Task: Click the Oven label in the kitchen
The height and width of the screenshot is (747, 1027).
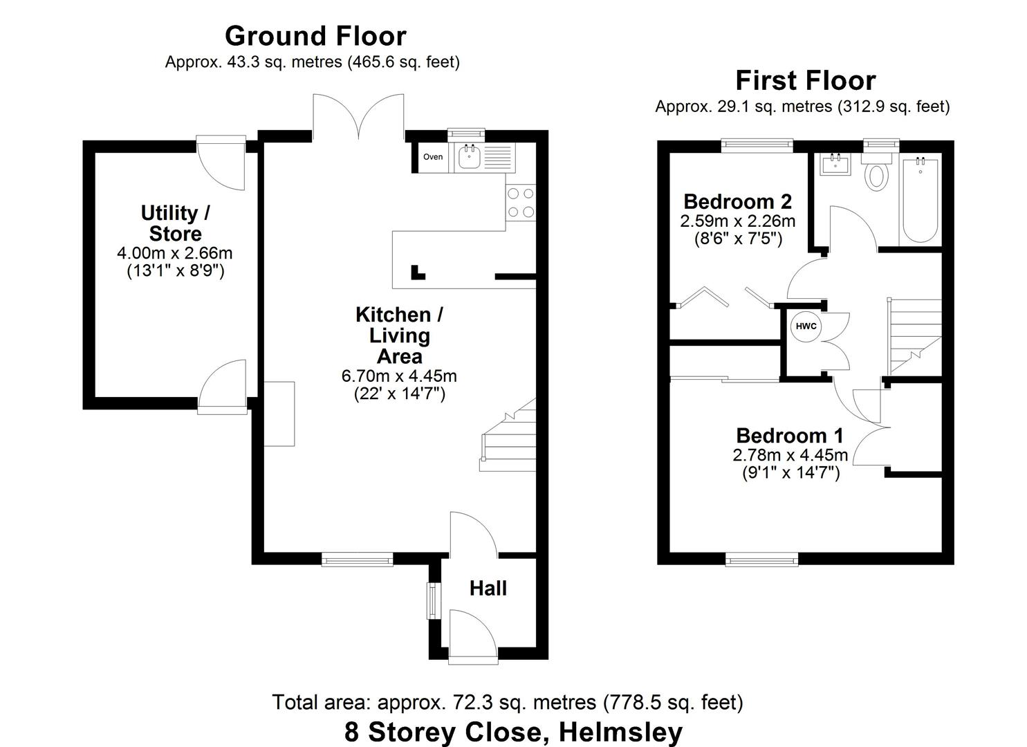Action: [x=433, y=157]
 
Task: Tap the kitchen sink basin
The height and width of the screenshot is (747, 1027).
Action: [x=470, y=157]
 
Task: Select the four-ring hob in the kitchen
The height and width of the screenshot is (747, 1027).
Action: [x=521, y=203]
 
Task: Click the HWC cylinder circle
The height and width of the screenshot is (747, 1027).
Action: [x=806, y=326]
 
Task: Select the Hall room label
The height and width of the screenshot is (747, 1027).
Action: [x=488, y=589]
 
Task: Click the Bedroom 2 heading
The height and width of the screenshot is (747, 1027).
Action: [x=737, y=201]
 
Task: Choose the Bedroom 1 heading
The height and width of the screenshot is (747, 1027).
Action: [x=790, y=436]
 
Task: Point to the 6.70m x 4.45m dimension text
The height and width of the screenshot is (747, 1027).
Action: [x=399, y=376]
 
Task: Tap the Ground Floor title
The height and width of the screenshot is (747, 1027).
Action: [x=315, y=36]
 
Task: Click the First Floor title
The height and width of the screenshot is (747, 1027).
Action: [x=805, y=81]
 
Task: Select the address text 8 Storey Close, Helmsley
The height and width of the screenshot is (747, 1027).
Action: [x=513, y=731]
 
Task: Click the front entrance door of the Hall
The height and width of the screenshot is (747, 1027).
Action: [x=472, y=635]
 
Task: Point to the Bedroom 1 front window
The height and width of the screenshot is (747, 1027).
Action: [x=761, y=559]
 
